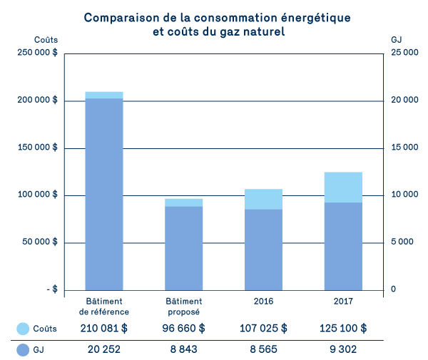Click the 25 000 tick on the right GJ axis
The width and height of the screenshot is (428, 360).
(x=405, y=53)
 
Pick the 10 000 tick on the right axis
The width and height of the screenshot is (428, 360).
(x=405, y=195)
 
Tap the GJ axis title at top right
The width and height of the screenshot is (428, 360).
(x=397, y=40)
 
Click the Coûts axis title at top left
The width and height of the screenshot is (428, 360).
(x=46, y=40)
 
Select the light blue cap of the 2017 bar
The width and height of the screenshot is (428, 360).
(x=343, y=187)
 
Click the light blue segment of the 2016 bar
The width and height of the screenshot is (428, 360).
(x=263, y=199)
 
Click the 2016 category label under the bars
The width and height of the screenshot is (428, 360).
(x=263, y=301)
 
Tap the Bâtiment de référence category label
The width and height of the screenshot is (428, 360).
(x=104, y=307)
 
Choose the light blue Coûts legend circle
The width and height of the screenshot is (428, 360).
(x=23, y=329)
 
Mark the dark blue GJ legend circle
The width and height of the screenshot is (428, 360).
(x=23, y=350)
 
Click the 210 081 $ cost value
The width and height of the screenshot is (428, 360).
(x=104, y=329)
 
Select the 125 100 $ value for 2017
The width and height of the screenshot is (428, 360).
(x=343, y=329)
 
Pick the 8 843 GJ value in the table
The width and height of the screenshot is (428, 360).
(x=183, y=350)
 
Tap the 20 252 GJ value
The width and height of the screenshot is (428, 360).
(x=104, y=350)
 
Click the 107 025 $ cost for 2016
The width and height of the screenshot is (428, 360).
(x=263, y=329)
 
